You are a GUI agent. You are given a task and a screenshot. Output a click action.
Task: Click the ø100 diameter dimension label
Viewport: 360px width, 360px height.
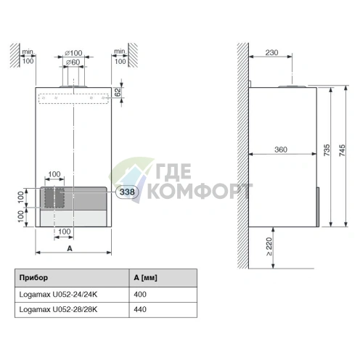pos(73,53)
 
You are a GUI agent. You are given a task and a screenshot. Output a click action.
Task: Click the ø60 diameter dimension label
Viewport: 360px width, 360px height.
pos(73,62)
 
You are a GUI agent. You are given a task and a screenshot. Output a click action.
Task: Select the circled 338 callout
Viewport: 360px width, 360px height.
pos(126,192)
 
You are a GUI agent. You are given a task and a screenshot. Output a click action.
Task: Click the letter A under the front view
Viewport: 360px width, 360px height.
pos(68,248)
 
